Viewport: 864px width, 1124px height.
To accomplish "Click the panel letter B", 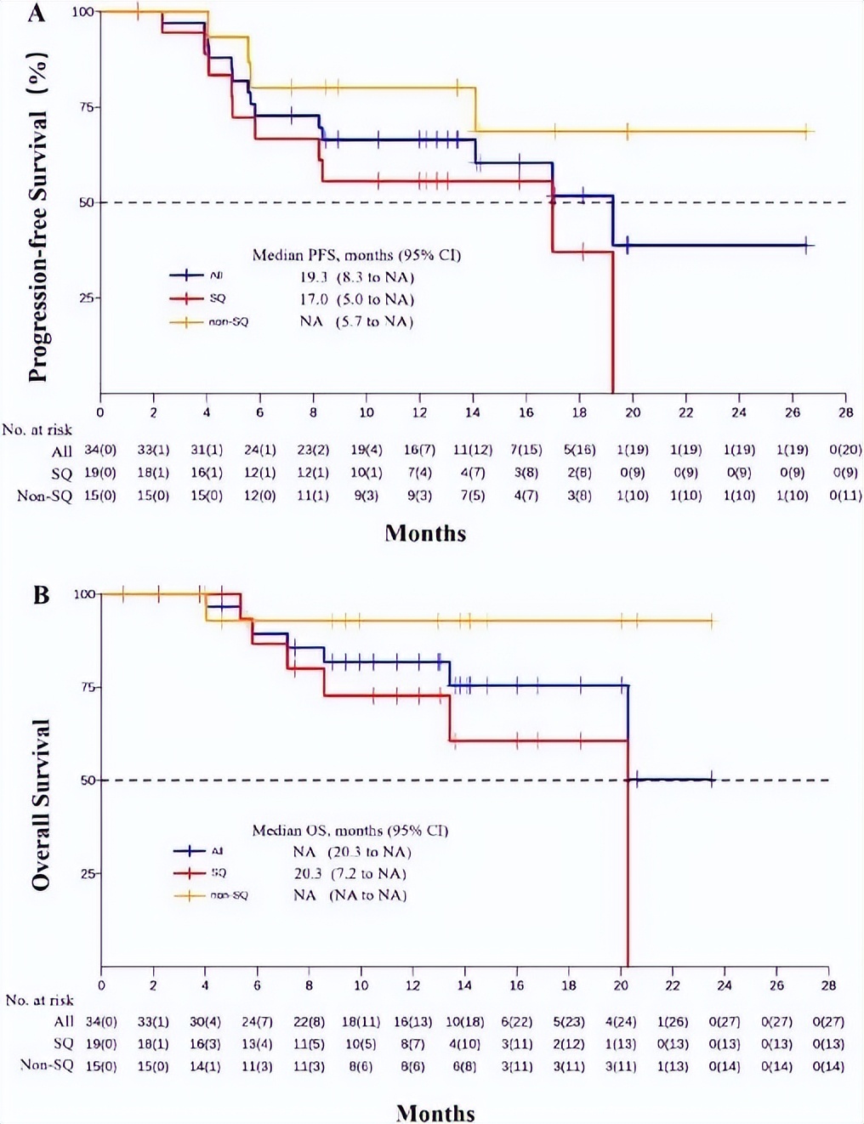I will click(x=41, y=594).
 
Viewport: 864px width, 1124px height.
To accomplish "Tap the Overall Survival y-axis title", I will click(x=40, y=804).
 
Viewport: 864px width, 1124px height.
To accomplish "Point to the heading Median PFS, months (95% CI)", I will click(x=356, y=255).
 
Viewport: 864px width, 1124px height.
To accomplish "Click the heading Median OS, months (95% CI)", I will click(x=350, y=830).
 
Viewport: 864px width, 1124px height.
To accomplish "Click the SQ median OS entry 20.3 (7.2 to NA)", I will click(x=350, y=873).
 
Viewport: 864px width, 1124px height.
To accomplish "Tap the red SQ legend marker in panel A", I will click(x=186, y=298).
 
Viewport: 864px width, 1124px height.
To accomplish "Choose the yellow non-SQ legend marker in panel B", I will click(x=189, y=895).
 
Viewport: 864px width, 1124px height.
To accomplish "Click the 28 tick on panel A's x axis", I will click(x=844, y=412).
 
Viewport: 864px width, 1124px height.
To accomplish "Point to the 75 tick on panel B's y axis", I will click(x=88, y=687).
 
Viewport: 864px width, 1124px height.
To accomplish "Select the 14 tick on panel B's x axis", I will click(x=464, y=985).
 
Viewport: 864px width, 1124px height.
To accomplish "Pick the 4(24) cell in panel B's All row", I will click(x=620, y=1021).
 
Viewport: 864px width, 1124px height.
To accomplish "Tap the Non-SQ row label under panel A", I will click(x=44, y=496).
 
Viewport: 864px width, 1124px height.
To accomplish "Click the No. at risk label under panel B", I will click(x=39, y=1000).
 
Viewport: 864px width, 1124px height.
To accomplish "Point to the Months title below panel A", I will click(x=425, y=533).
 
